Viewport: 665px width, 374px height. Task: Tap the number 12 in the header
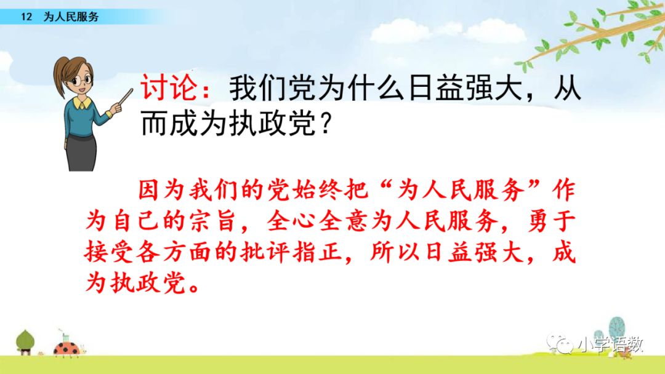[x=26, y=17]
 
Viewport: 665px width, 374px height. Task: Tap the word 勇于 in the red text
[x=552, y=221]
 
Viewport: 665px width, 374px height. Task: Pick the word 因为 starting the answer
[x=161, y=189]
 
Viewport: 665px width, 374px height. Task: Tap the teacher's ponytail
[x=58, y=76]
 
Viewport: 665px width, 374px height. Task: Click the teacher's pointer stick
[x=124, y=98]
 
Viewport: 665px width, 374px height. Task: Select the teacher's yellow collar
[x=82, y=103]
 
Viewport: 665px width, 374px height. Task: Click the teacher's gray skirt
[x=81, y=153]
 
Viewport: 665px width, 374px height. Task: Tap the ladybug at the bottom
[x=67, y=348]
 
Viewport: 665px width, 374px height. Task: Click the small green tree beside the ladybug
[x=25, y=342]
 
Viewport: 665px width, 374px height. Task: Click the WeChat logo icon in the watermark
[x=560, y=343]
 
